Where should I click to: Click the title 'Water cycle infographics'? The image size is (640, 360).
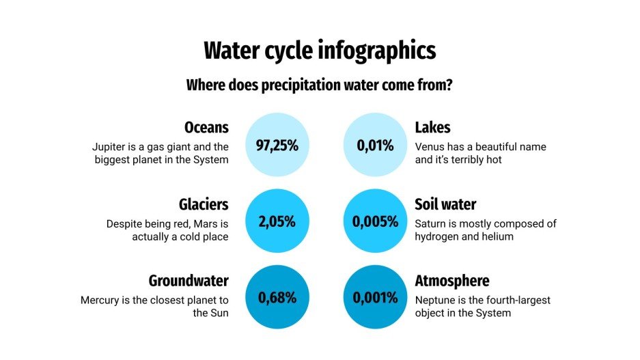point(320,51)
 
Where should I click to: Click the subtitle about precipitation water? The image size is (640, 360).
point(320,86)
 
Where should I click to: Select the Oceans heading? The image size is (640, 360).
point(206,128)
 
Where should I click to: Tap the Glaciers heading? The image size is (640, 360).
point(203,204)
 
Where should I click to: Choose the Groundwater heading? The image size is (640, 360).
point(189,281)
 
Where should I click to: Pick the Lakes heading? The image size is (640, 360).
point(432,128)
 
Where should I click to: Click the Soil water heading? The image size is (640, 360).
point(445,204)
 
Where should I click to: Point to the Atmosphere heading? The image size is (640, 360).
point(452,281)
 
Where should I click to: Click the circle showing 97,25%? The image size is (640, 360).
point(277,145)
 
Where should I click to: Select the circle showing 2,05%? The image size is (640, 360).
point(277,221)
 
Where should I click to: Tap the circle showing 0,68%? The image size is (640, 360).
point(277,298)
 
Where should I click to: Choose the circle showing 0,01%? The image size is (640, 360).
point(375,145)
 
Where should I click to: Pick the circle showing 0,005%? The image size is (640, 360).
point(375,221)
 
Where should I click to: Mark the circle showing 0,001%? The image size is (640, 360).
point(375,298)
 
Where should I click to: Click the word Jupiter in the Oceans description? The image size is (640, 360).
point(109,147)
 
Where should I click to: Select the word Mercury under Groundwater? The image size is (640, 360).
point(102,300)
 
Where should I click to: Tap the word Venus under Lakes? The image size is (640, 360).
point(430,147)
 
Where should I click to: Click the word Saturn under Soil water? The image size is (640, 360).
point(432,223)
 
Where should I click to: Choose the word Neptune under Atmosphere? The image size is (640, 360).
point(437,300)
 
